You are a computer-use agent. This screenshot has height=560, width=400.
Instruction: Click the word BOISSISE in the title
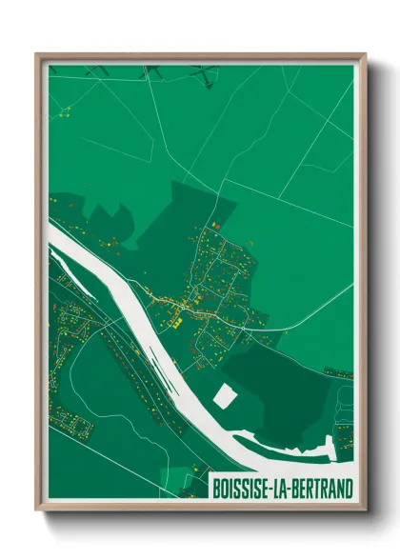(243, 488)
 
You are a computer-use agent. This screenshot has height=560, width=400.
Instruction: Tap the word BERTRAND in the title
(321, 488)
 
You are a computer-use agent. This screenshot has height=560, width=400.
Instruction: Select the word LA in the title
(283, 488)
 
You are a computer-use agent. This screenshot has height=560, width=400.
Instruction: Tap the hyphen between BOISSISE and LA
(272, 488)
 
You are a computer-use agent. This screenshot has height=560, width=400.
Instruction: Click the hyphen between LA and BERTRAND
(292, 488)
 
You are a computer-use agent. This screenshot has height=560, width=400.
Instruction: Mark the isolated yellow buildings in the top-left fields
(65, 113)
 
